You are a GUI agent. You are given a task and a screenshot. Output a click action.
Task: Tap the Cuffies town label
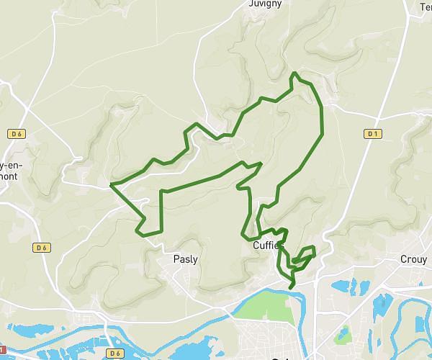click(x=268, y=246)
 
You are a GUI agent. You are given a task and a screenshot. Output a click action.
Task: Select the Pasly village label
click(x=186, y=259)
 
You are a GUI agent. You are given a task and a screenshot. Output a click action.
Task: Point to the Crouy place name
click(x=413, y=259)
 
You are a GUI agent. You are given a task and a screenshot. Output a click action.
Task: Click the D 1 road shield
click(x=372, y=133)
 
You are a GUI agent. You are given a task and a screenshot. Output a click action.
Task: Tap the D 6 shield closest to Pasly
click(x=41, y=248)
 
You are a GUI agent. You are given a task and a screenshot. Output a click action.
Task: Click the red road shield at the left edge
click(x=2, y=330)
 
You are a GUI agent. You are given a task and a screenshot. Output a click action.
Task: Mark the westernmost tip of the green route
click(x=110, y=186)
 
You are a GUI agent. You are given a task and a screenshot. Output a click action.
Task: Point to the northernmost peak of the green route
click(x=294, y=73)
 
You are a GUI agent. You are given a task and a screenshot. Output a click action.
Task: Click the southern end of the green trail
click(x=291, y=288)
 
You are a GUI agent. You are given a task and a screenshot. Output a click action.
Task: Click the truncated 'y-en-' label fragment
click(x=13, y=156)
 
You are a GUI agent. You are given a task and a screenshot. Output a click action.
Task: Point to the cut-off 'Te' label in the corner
click(x=425, y=7)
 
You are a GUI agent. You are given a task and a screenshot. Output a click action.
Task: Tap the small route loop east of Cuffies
click(x=303, y=255)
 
